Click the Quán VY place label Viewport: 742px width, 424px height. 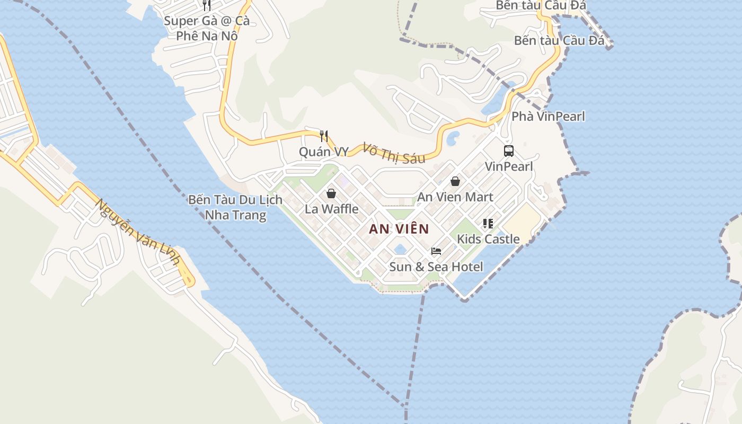click(x=324, y=152)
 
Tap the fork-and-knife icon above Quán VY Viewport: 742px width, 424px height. click(x=324, y=136)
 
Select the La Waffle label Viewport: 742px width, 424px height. click(x=331, y=209)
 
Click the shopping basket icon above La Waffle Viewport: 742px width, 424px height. click(x=331, y=193)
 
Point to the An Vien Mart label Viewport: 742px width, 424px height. click(x=455, y=197)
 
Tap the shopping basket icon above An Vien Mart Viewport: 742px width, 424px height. click(x=455, y=181)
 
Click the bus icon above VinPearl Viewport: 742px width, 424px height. click(x=509, y=151)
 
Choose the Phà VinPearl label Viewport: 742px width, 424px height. click(x=548, y=117)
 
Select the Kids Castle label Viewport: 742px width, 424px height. click(x=488, y=239)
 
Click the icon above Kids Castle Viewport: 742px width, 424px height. click(x=488, y=224)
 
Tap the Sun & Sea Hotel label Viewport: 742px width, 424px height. click(x=436, y=267)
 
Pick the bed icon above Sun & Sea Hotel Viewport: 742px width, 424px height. click(x=436, y=251)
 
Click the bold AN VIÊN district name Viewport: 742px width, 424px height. click(x=399, y=229)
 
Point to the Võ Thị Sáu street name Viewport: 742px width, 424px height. click(x=394, y=153)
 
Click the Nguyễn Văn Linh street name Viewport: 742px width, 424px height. click(x=138, y=234)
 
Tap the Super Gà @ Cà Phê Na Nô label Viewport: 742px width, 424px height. click(x=207, y=29)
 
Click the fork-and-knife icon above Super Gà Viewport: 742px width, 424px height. click(x=207, y=5)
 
